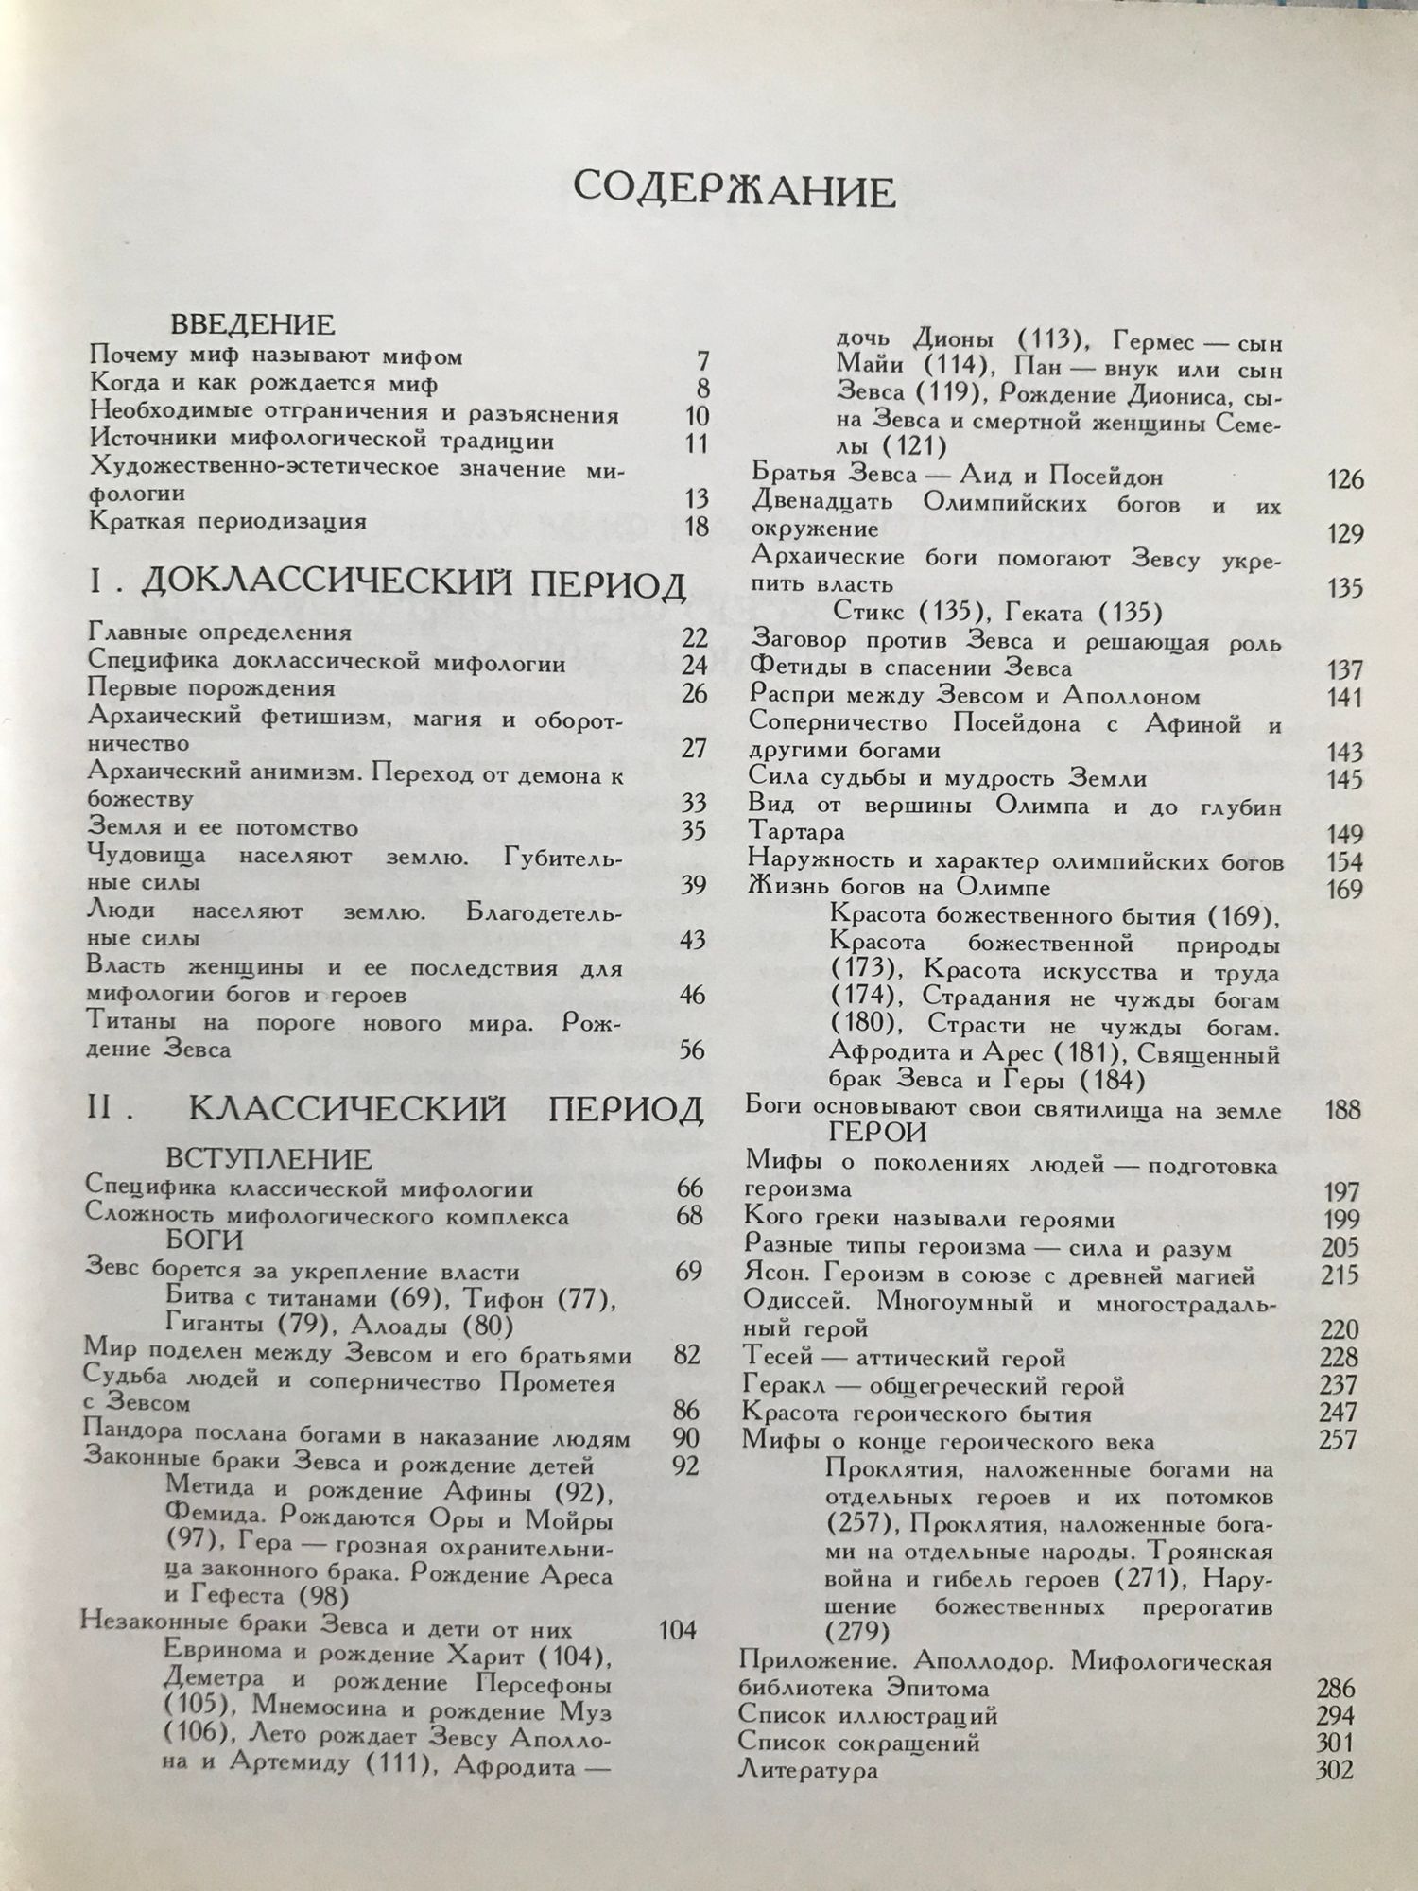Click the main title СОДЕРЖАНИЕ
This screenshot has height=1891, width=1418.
(734, 189)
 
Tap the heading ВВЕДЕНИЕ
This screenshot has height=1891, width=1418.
(252, 325)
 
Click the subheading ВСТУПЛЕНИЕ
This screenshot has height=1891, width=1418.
(269, 1158)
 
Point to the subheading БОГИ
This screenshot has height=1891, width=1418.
(205, 1240)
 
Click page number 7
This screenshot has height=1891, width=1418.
(700, 360)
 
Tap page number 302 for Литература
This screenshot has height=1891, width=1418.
(1334, 1771)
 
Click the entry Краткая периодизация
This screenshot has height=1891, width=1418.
(228, 522)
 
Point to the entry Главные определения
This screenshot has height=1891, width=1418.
(219, 633)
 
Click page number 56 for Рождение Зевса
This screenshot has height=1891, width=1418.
(692, 1050)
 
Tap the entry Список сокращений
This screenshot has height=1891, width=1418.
(858, 1742)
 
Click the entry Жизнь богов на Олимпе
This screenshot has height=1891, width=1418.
(899, 889)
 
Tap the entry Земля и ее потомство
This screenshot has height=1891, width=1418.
(222, 828)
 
